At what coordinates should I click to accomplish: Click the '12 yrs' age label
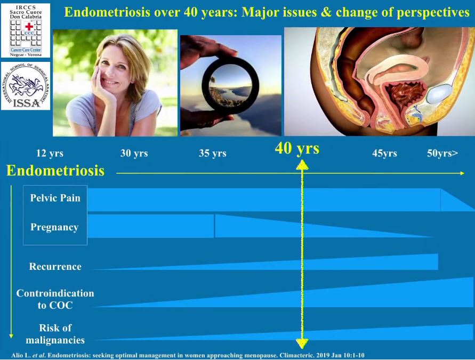tap(50, 153)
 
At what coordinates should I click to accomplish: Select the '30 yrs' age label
tap(134, 153)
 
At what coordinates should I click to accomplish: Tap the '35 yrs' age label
tap(212, 153)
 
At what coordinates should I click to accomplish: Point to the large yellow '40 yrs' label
tap(297, 148)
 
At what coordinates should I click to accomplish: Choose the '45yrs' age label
tap(384, 153)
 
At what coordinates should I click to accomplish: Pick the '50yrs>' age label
tap(442, 153)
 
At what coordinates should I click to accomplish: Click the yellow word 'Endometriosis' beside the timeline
tap(55, 170)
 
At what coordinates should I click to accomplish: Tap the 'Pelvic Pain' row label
tap(55, 198)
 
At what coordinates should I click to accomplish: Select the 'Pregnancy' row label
tap(54, 227)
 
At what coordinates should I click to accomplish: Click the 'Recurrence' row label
tap(55, 266)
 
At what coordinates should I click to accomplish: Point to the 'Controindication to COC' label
tap(55, 299)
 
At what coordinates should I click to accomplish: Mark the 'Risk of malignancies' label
tap(55, 334)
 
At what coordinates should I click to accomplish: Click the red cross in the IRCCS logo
tap(29, 27)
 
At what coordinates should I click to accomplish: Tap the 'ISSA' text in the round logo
tap(26, 103)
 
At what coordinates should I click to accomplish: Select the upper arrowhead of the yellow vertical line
tap(302, 165)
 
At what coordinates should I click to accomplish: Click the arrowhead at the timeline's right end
tap(462, 173)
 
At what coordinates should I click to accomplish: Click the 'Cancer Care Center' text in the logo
tap(26, 50)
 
